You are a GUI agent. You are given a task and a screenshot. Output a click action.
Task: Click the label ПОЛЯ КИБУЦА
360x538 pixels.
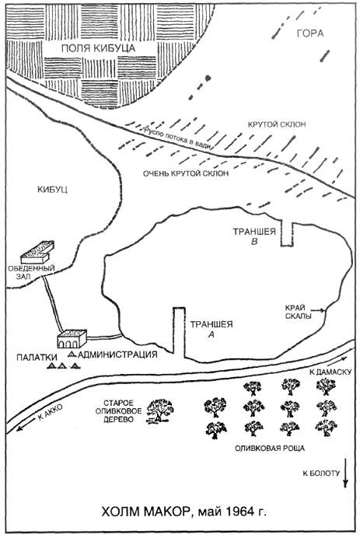click(x=98, y=48)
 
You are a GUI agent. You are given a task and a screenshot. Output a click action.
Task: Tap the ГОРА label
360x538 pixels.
click(x=310, y=33)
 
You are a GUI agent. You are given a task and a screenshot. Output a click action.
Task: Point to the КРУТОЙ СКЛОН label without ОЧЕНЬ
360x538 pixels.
click(x=277, y=124)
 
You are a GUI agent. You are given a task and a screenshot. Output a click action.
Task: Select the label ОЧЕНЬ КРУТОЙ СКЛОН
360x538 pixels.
click(x=186, y=173)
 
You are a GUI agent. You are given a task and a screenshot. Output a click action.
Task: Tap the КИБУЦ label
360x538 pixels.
click(x=53, y=190)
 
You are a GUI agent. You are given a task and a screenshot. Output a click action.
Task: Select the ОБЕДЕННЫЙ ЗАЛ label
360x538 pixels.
click(x=31, y=272)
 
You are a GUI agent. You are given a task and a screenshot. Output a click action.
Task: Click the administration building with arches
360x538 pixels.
click(x=72, y=339)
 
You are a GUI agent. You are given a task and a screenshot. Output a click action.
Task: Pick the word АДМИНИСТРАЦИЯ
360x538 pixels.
click(x=117, y=354)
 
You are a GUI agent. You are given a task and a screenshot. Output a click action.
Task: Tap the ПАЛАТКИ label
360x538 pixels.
click(x=37, y=358)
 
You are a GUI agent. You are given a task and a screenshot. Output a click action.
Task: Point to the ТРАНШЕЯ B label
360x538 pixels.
click(x=254, y=236)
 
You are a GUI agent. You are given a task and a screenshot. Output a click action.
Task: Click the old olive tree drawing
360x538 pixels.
click(x=160, y=411)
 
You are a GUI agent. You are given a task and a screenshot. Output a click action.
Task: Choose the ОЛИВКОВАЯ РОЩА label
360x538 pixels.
click(x=270, y=448)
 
